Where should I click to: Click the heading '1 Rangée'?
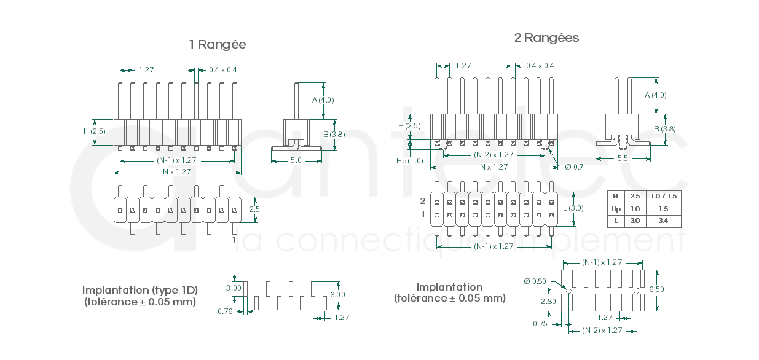point(218,44)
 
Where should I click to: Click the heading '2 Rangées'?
point(546,38)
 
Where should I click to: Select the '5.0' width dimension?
point(296,160)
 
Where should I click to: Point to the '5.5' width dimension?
point(622,158)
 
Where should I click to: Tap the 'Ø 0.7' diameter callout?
point(574,167)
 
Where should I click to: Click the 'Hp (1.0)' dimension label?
point(410,161)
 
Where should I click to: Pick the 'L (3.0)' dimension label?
point(573,208)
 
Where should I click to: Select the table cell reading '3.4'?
point(663,220)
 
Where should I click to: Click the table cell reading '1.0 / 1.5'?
point(663,196)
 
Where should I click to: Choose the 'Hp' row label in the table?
point(615,208)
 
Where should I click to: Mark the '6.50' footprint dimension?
point(656,289)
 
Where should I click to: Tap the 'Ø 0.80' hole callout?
point(535,281)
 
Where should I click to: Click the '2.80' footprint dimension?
point(548,302)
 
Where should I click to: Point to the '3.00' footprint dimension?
point(234,288)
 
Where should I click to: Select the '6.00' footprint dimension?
point(337,294)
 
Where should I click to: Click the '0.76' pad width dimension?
point(226,311)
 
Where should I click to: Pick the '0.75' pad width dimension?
point(540,324)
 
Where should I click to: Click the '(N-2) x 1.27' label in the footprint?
point(602,331)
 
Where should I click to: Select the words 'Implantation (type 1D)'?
point(140,290)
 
